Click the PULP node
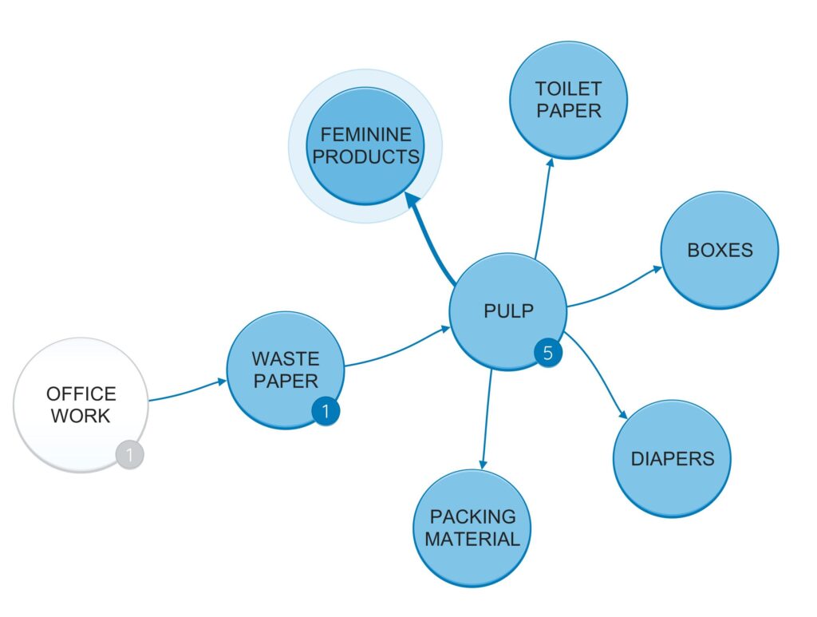pos(507,311)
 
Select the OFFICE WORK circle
pos(81,405)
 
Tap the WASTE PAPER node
pos(285,369)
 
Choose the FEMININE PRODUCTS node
pos(365,145)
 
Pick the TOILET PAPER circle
pos(568,99)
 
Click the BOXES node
pos(719,250)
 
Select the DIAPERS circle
pos(672,458)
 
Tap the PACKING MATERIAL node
pos(472,528)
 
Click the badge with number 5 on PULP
pos(547,354)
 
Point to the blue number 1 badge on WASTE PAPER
pos(326,412)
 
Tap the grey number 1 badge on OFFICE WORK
pos(129,455)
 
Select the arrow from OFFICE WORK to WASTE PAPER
pos(187,390)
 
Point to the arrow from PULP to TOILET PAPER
pos(543,208)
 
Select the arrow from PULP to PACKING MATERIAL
pos(486,419)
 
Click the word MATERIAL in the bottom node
pos(472,539)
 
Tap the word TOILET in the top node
pos(568,88)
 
